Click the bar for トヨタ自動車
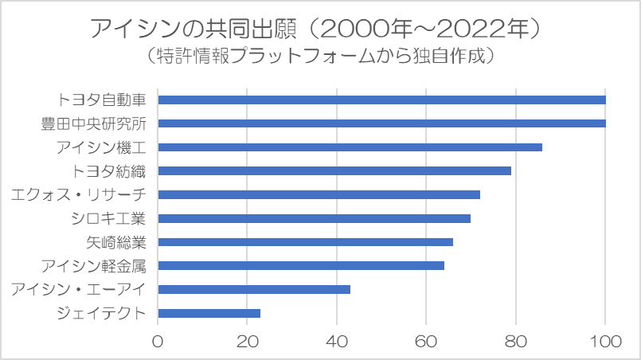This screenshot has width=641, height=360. tap(382, 100)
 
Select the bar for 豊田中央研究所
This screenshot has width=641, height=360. tap(382, 123)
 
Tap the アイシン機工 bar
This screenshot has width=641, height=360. tap(350, 147)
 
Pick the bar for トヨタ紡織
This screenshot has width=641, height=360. tap(334, 170)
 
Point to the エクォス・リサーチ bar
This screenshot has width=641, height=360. tap(319, 194)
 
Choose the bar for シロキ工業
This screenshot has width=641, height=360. tap(315, 218)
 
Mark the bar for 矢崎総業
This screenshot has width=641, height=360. tap(306, 242)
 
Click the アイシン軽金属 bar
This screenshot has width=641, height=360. tap(301, 265)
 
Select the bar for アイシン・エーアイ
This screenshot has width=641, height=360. tap(254, 289)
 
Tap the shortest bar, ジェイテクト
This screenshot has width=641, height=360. tap(209, 313)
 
